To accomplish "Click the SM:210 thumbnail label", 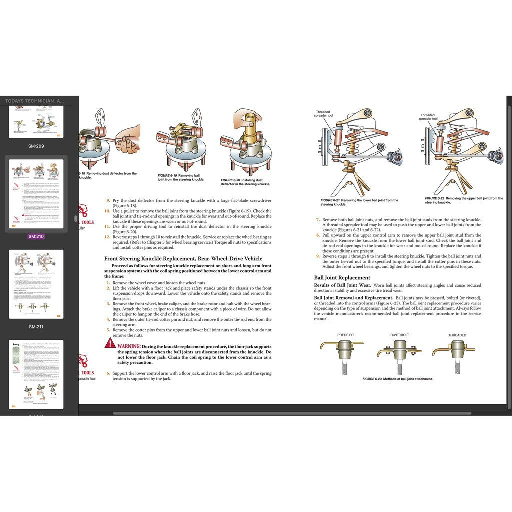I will [36, 236].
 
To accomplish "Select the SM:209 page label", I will [36, 146].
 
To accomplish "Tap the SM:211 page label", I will [36, 327].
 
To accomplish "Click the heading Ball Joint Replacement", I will [342, 277].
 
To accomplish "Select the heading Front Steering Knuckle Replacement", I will [183, 258].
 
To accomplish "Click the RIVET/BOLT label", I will [399, 335].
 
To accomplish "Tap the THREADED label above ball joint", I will [457, 335].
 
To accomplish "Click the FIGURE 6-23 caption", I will [397, 379].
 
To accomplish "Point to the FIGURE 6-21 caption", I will [359, 202].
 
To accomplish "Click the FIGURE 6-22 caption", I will [464, 200].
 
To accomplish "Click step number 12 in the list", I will [107, 237].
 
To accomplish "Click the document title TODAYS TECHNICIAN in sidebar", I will [34, 101].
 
